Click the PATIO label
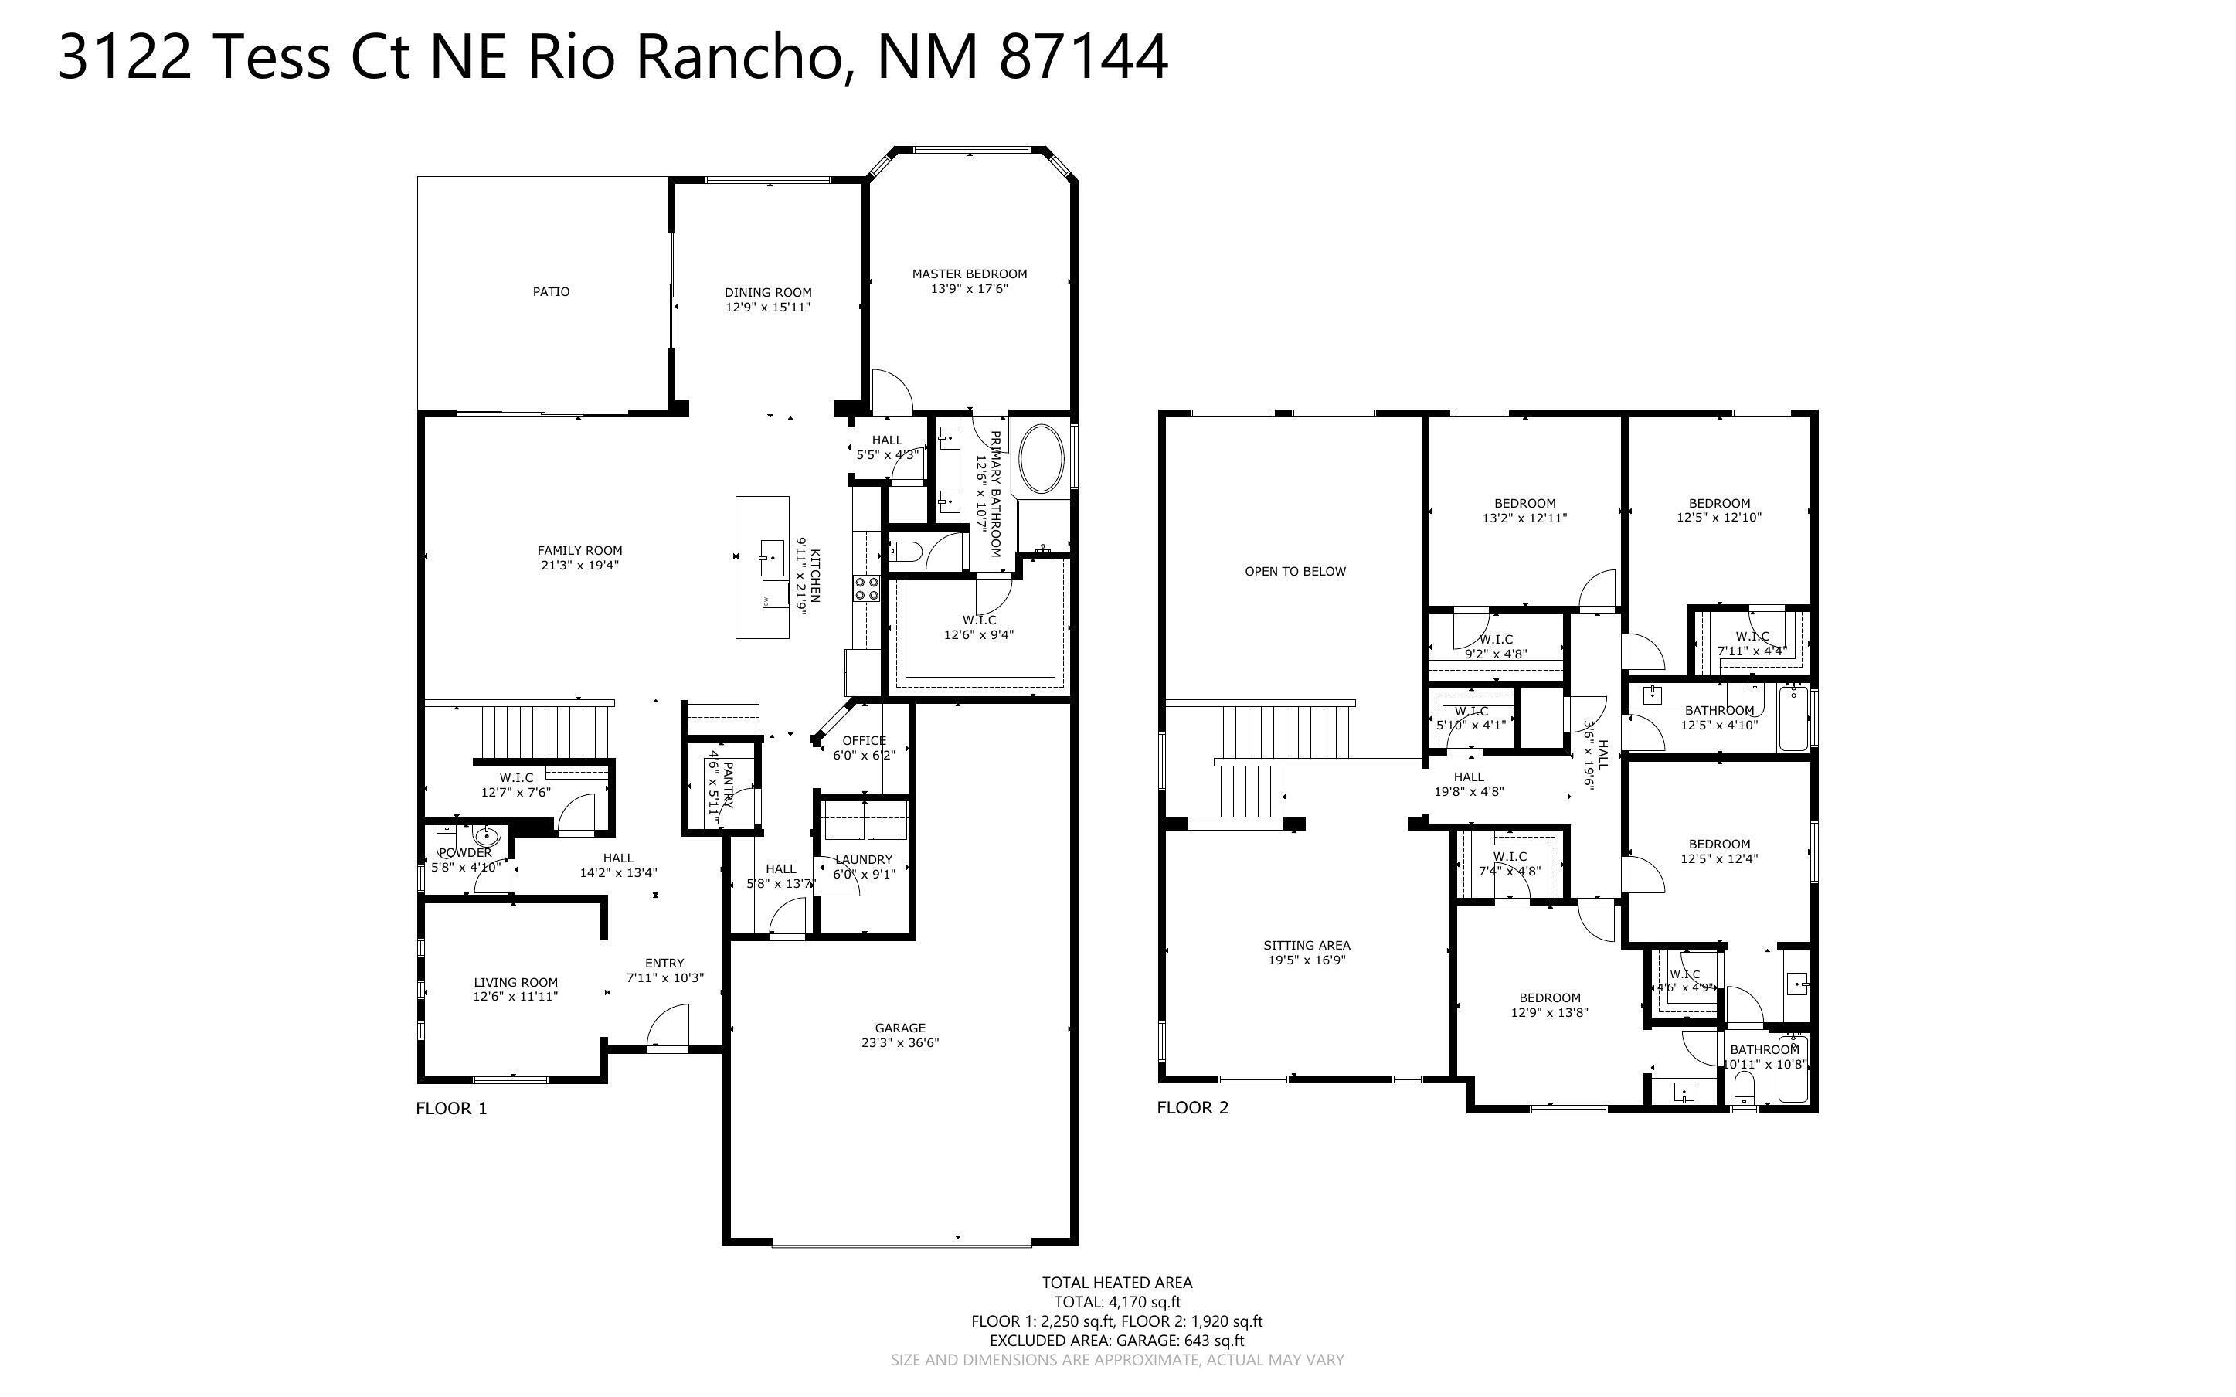(552, 292)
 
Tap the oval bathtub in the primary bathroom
(1040, 459)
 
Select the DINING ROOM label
(767, 293)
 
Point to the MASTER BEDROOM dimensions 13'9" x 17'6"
(969, 289)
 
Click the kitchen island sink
(772, 557)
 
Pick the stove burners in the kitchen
(867, 590)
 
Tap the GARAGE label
(900, 1028)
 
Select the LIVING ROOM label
(515, 983)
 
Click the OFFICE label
(864, 741)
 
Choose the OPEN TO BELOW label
(1295, 572)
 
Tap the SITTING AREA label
(1307, 945)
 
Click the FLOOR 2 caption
(1193, 1108)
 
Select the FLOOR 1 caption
(452, 1109)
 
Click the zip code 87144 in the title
(1084, 56)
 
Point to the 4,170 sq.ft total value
(1145, 1303)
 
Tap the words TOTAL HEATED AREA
(1116, 1283)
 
